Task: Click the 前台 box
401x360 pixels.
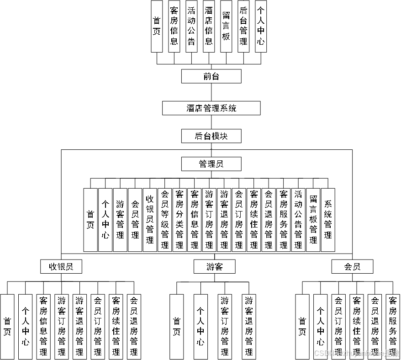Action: [x=211, y=76]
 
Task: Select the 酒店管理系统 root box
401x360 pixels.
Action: [x=211, y=108]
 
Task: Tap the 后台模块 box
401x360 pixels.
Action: [x=211, y=136]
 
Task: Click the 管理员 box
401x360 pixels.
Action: [x=211, y=164]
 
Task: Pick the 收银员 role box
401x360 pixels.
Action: [x=61, y=266]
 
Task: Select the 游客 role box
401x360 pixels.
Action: [x=214, y=266]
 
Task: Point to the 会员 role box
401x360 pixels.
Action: [x=352, y=266]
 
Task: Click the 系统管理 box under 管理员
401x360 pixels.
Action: [x=328, y=220]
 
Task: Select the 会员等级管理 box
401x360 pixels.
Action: [x=164, y=220]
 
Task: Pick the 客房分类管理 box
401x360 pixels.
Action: [x=179, y=220]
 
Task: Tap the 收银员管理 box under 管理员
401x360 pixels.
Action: [x=150, y=220]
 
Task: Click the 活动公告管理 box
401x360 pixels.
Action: [x=298, y=220]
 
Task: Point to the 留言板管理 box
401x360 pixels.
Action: [x=313, y=220]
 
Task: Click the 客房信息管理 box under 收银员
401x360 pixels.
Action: [x=43, y=326]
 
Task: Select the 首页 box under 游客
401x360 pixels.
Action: [x=177, y=326]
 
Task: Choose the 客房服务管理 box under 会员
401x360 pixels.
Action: [x=393, y=326]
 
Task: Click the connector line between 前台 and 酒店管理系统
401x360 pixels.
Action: [x=211, y=92]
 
